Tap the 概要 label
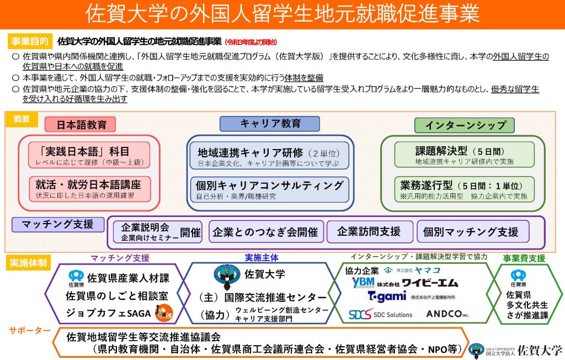[x=22, y=119]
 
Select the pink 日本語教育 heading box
[x=82, y=125]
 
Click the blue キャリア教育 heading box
[x=270, y=124]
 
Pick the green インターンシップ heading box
[x=465, y=125]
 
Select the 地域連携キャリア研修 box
[x=269, y=155]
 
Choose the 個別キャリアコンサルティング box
[x=269, y=188]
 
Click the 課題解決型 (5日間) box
[x=464, y=155]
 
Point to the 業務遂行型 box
[x=464, y=188]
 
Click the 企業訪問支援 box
[x=369, y=232]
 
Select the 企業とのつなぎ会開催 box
[x=265, y=232]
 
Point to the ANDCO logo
[x=447, y=314]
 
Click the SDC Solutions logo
[x=380, y=314]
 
